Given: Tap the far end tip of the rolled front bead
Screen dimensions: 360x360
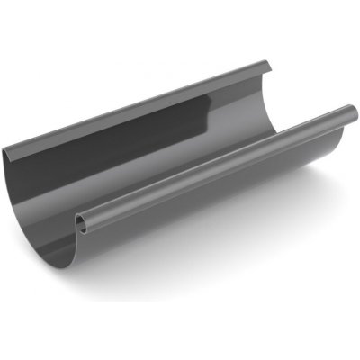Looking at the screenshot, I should [353, 112].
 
